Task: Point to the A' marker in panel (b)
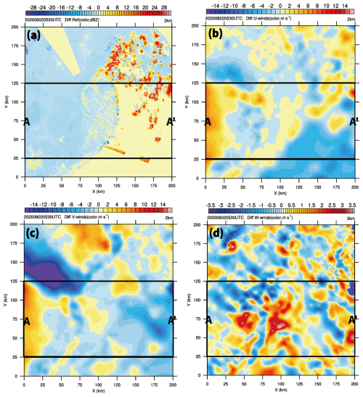[x=354, y=122]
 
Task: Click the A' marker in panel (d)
[x=354, y=319]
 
